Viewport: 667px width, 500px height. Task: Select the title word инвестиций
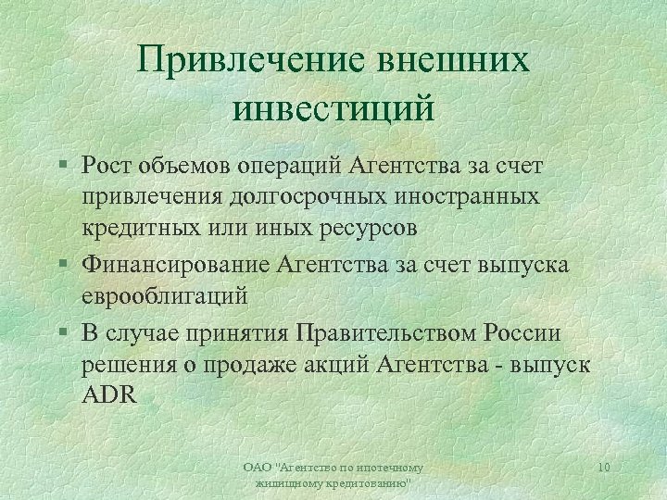pyautogui.click(x=333, y=107)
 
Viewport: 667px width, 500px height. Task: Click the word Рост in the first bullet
pyautogui.click(x=107, y=165)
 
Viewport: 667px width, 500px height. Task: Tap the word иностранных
pyautogui.click(x=461, y=196)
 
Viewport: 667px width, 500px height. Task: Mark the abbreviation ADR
pyautogui.click(x=109, y=395)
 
